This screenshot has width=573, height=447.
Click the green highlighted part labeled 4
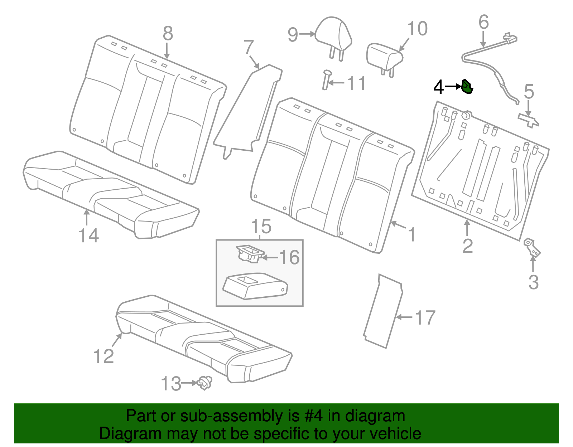(467, 87)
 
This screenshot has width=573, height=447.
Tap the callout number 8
(168, 34)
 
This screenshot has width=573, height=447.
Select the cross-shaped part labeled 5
(529, 119)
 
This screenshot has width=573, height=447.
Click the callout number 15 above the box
(261, 227)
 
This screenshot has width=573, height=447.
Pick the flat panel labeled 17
(383, 311)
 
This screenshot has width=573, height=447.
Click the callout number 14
(88, 235)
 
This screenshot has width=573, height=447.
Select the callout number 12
(103, 356)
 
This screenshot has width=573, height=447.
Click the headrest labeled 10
(384, 57)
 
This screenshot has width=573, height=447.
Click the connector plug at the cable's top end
(510, 38)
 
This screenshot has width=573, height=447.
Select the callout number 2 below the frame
(468, 246)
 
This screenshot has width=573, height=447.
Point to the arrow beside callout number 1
(398, 225)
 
